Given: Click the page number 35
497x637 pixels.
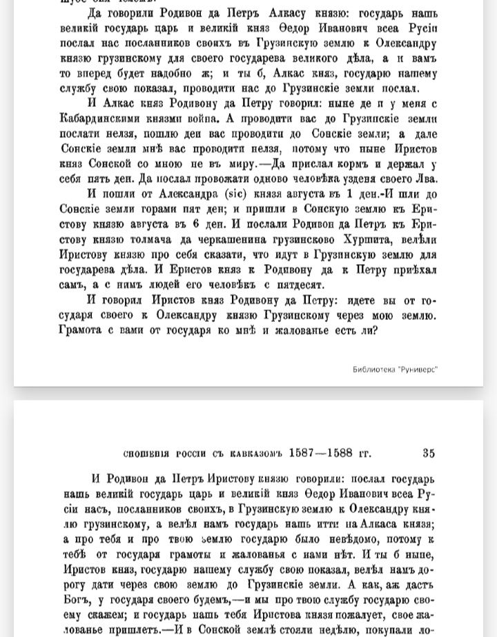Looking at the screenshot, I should pyautogui.click(x=429, y=453).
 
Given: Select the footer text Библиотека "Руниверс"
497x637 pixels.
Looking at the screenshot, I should pyautogui.click(x=395, y=369).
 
